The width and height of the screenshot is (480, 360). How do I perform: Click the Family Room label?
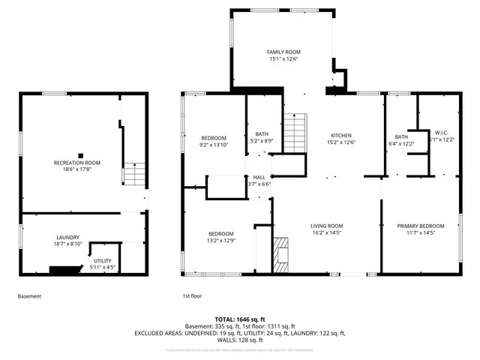[283, 52]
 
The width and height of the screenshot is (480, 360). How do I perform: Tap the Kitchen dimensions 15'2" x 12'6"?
[340, 142]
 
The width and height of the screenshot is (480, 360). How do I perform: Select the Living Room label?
[327, 225]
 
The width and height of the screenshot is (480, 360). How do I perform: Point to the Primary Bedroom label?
[420, 225]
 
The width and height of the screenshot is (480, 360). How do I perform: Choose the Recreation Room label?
[76, 162]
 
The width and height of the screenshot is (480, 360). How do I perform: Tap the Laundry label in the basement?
[67, 237]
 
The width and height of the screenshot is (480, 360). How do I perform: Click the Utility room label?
[103, 259]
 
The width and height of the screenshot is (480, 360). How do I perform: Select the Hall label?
[259, 177]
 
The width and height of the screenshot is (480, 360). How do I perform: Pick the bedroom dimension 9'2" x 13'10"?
[214, 145]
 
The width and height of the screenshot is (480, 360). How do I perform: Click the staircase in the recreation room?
[133, 174]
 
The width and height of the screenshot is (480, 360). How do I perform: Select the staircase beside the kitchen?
[295, 132]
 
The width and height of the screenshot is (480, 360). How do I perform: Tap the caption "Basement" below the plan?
[29, 296]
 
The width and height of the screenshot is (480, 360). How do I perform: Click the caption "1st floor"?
[192, 296]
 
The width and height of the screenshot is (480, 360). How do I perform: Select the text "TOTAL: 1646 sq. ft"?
[239, 319]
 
